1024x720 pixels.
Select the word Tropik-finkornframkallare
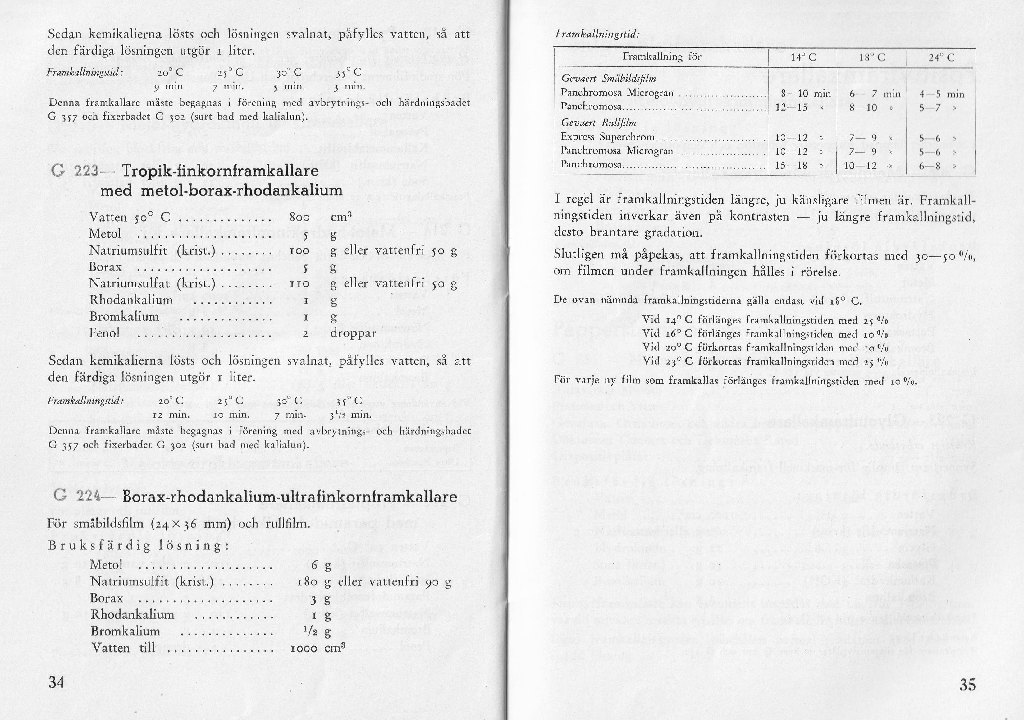(220, 171)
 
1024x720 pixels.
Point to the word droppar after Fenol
(353, 333)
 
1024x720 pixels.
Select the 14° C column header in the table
(803, 57)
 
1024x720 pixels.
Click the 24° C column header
(941, 57)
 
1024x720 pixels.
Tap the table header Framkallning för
(662, 57)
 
